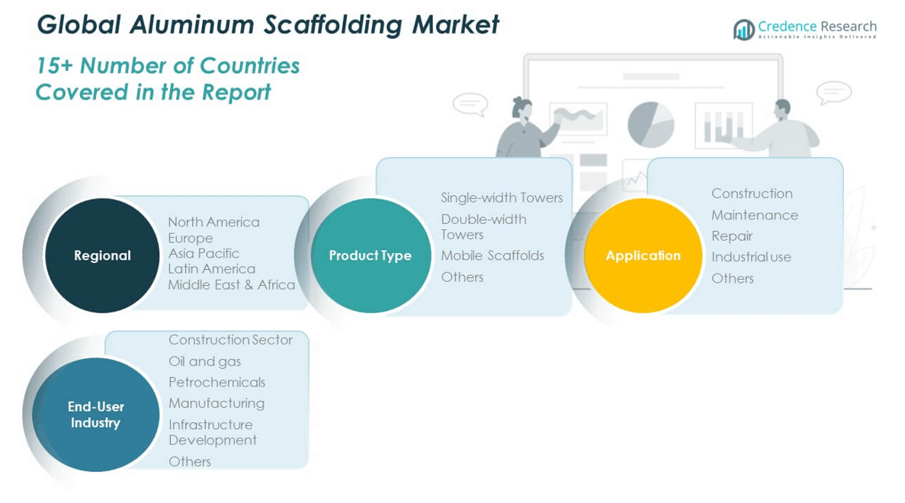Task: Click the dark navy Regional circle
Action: [x=102, y=255]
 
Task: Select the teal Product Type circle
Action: [x=371, y=255]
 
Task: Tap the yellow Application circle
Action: [x=643, y=255]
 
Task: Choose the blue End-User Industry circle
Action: [x=95, y=415]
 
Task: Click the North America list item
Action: [x=213, y=222]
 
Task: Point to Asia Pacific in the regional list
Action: [x=204, y=253]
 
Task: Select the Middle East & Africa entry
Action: [x=231, y=284]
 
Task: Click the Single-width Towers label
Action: [x=502, y=197]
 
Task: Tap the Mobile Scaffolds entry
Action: [x=493, y=255]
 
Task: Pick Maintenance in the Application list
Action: [x=754, y=215]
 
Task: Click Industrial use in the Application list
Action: [x=751, y=257]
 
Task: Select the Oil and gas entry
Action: [x=204, y=361]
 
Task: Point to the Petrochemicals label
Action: [x=217, y=382]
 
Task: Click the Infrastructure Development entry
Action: [x=212, y=432]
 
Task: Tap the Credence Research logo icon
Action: [x=743, y=30]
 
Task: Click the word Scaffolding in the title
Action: [x=334, y=24]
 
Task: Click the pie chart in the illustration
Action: [x=650, y=123]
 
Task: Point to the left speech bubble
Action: [x=470, y=104]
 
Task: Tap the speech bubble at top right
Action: [x=833, y=92]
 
